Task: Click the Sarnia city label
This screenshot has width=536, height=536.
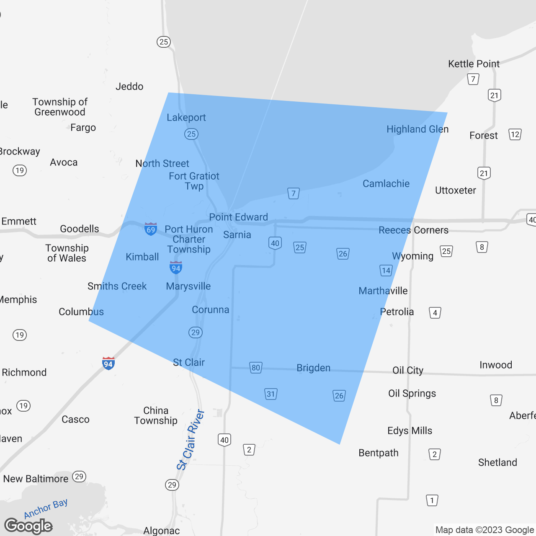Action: (237, 235)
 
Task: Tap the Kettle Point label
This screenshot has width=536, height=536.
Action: (474, 64)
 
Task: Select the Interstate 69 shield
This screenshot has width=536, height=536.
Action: (151, 229)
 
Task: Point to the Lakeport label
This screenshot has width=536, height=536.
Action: (186, 118)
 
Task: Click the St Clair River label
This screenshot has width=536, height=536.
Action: (191, 440)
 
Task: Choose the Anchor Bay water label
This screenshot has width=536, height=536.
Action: (46, 508)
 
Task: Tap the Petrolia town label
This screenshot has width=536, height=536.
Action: (397, 312)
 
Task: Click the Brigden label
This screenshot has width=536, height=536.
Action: (313, 368)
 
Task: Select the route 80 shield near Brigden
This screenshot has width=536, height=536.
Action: (255, 368)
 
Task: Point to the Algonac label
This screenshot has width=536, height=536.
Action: (161, 531)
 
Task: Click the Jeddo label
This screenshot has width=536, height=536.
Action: (129, 87)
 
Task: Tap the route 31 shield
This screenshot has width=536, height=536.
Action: (271, 394)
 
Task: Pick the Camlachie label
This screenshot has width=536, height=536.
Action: (386, 184)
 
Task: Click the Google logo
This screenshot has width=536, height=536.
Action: (28, 526)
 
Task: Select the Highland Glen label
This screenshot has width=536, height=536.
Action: (417, 129)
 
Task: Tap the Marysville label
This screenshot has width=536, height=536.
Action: (188, 286)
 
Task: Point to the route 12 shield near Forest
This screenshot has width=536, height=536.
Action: (515, 134)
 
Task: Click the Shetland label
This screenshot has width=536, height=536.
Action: (497, 463)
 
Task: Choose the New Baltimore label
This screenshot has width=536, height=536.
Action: (36, 479)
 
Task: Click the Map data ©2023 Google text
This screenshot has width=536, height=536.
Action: (484, 530)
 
